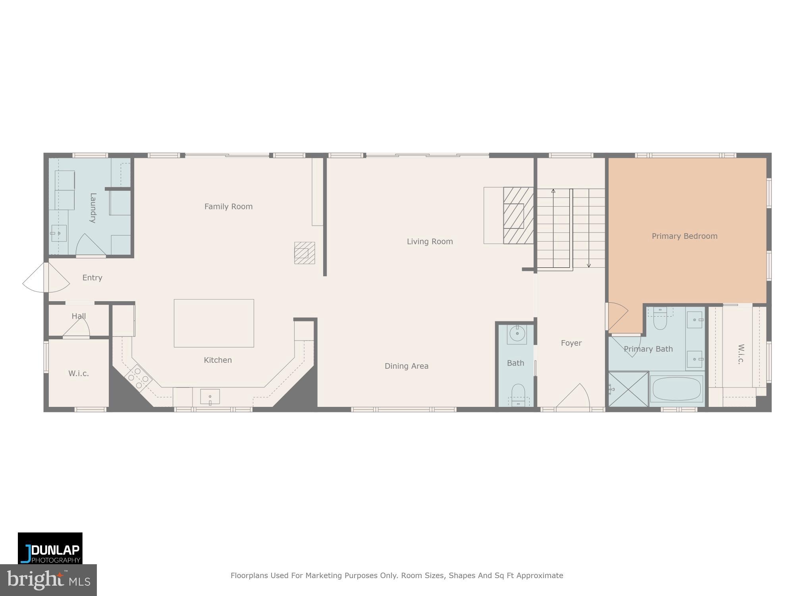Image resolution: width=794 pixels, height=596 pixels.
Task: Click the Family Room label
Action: pos(228,207)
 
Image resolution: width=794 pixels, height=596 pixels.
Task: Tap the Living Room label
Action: pos(430,242)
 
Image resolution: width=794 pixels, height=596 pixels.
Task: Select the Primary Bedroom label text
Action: pos(684,236)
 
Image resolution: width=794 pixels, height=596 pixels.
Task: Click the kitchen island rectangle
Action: pos(214,323)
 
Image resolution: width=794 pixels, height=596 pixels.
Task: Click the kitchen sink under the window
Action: pos(210,397)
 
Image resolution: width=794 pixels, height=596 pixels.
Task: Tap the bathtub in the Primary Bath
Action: pos(676,389)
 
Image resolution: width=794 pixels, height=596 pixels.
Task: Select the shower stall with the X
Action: pos(628,389)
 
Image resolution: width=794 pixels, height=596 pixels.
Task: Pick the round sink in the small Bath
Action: pos(517,334)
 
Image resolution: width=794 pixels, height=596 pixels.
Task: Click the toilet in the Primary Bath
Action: pos(660,320)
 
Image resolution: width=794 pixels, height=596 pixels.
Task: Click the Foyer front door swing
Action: pos(574,397)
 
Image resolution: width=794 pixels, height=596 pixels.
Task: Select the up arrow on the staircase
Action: pos(553,192)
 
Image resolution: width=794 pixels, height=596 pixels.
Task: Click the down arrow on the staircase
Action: pos(589,265)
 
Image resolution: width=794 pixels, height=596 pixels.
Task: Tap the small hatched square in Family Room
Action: pos(304,253)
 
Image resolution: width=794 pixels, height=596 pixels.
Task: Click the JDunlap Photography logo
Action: pos(50,548)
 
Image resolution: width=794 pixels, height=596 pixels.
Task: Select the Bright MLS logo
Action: pos(48,581)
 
